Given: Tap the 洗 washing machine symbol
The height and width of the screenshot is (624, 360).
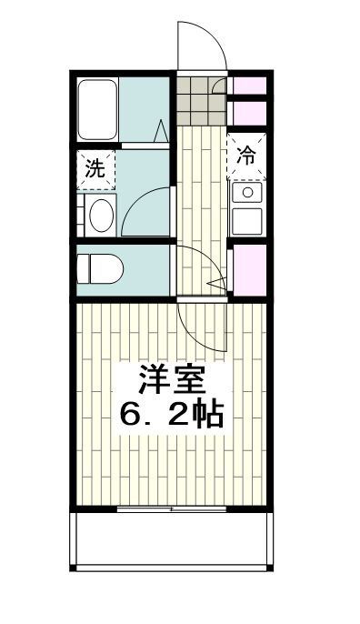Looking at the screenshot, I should [x=95, y=168].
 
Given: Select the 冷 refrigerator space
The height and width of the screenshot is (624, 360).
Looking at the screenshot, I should [x=247, y=154].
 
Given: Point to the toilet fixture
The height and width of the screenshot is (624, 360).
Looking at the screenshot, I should [x=96, y=268].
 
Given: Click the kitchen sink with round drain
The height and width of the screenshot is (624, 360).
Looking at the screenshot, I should [x=246, y=193].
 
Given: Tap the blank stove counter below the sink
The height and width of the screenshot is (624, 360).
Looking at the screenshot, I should [x=246, y=220].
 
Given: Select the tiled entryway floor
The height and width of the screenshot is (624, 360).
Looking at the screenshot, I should [x=200, y=102].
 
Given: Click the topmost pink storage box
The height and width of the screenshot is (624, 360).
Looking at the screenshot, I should [x=247, y=86].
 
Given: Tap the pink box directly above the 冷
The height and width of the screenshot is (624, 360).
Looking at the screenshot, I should [x=247, y=112].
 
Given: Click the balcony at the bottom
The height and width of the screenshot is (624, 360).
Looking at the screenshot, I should [x=172, y=545].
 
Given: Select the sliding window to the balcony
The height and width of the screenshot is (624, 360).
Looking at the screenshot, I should [x=172, y=510].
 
